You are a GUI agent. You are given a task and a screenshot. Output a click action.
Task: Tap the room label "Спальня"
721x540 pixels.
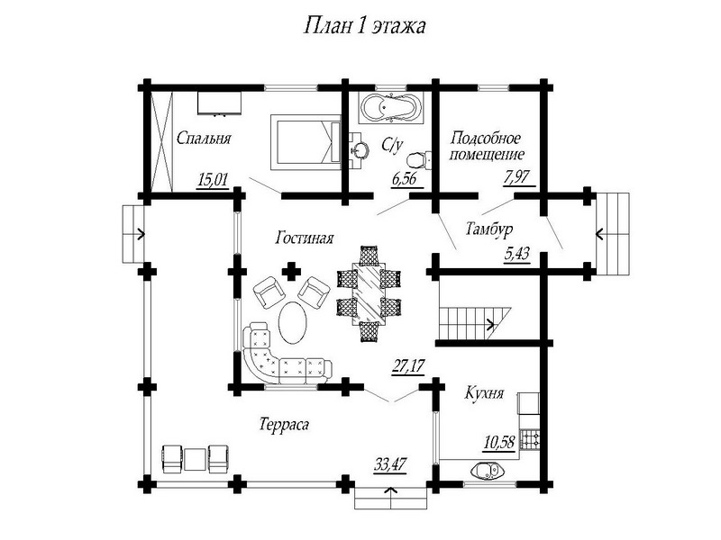click(x=205, y=139)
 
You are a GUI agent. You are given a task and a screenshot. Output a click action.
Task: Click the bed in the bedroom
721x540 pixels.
click(x=305, y=141)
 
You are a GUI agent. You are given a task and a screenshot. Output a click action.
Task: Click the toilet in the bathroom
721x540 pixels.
click(x=415, y=162)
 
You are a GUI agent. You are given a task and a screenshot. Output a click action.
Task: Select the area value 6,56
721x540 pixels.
click(x=405, y=179)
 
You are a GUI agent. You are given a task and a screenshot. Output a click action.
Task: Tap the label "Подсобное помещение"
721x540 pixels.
click(x=486, y=146)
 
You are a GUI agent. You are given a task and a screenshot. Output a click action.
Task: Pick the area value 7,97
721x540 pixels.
click(x=517, y=178)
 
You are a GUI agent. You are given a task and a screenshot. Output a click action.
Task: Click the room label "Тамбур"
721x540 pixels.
click(x=488, y=228)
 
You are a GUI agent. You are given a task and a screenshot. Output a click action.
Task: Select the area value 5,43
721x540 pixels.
click(x=516, y=256)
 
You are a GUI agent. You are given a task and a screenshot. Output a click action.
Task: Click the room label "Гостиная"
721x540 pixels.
click(x=306, y=239)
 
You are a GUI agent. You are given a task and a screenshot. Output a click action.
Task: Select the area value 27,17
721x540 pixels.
click(x=407, y=365)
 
